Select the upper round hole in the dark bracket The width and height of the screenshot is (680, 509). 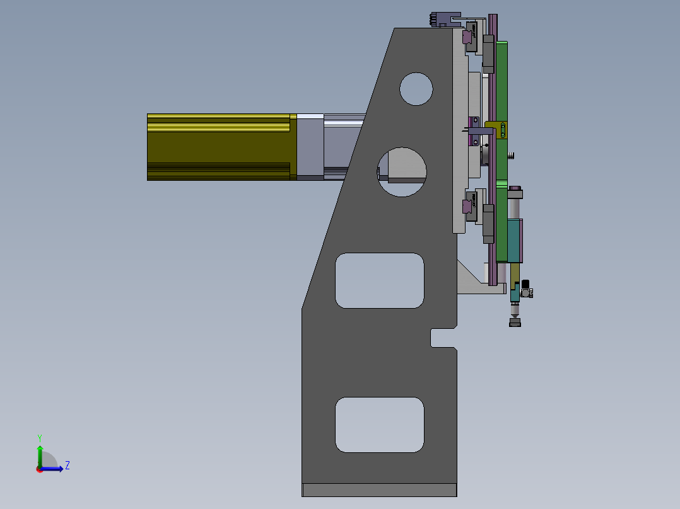tap(416, 89)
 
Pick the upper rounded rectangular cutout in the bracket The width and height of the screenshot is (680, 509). tap(379, 280)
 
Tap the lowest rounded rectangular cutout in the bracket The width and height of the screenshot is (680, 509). tap(379, 425)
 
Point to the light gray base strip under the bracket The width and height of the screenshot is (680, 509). tap(379, 489)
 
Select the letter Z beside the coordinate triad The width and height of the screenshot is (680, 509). tap(67, 466)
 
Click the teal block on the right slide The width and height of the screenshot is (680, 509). tap(515, 241)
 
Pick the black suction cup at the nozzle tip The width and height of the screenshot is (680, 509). tap(515, 323)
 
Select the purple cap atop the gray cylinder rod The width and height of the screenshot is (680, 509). tap(515, 190)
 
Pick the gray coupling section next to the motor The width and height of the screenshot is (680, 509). tap(310, 147)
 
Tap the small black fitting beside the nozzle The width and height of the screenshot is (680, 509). tap(525, 284)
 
